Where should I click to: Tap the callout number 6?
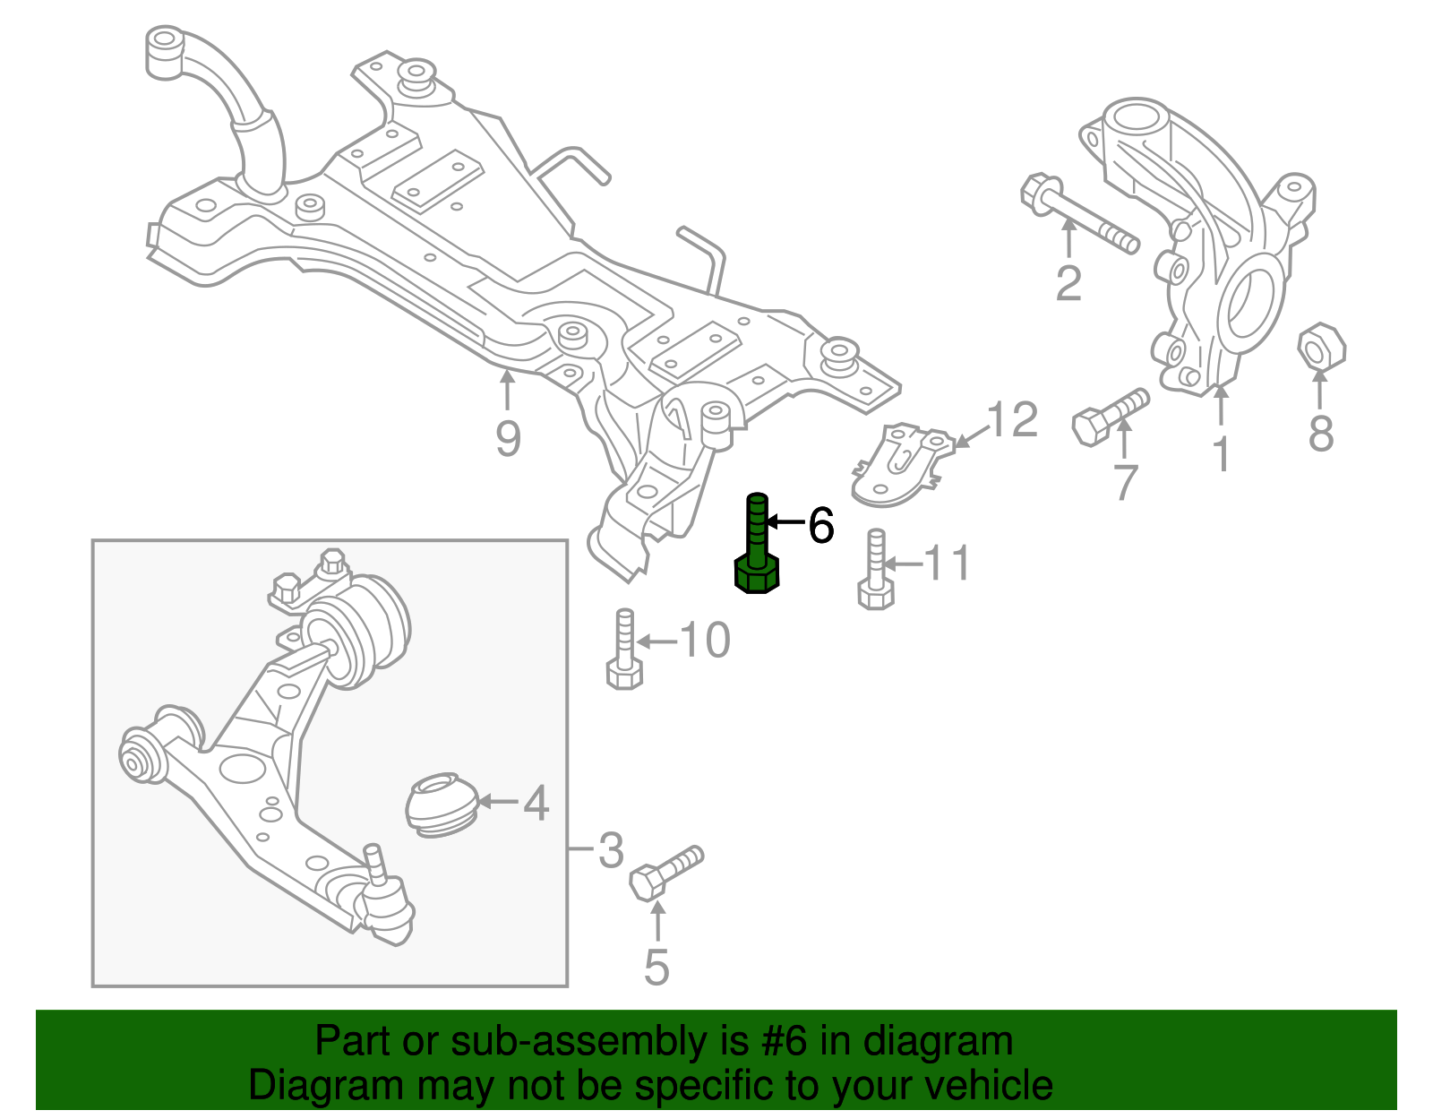pyautogui.click(x=821, y=526)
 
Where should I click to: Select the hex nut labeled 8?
pyautogui.click(x=1322, y=347)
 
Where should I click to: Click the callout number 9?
pyautogui.click(x=508, y=439)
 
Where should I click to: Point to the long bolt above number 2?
pyautogui.click(x=1079, y=214)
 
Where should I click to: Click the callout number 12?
pyautogui.click(x=1013, y=419)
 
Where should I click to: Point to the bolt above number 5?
pyautogui.click(x=666, y=872)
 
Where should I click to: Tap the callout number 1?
pyautogui.click(x=1222, y=454)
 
